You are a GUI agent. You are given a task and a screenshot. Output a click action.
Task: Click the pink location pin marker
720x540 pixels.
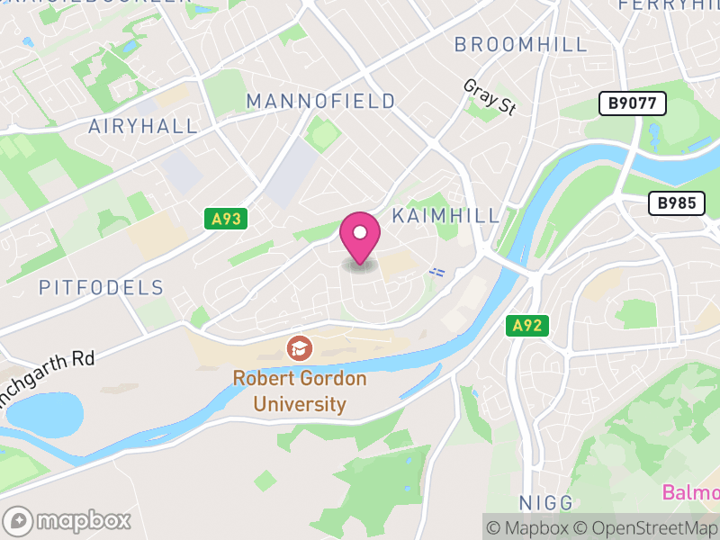pos(360,236)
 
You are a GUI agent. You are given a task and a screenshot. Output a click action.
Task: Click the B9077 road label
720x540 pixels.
pos(633,103)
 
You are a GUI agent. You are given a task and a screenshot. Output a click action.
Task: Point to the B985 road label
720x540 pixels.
pos(676,203)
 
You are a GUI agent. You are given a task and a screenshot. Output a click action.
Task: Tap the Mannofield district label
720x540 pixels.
pos(321,101)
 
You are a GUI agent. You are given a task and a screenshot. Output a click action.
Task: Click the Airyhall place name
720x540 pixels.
pos(143,126)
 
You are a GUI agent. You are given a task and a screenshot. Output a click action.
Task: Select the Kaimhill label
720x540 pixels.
pos(446,216)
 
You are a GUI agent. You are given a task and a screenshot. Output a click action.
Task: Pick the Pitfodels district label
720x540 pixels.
pos(102,288)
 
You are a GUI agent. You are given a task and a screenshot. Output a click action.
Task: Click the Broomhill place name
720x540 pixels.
pos(521,44)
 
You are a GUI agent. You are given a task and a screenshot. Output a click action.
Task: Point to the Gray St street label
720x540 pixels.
pos(490,97)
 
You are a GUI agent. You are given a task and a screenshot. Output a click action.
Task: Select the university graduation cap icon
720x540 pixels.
pos(299,347)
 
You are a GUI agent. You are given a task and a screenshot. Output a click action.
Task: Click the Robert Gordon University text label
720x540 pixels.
pos(300,391)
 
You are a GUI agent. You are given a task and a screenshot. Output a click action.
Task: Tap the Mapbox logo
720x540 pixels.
pos(68,521)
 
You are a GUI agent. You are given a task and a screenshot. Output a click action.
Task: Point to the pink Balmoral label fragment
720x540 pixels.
pos(691,492)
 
